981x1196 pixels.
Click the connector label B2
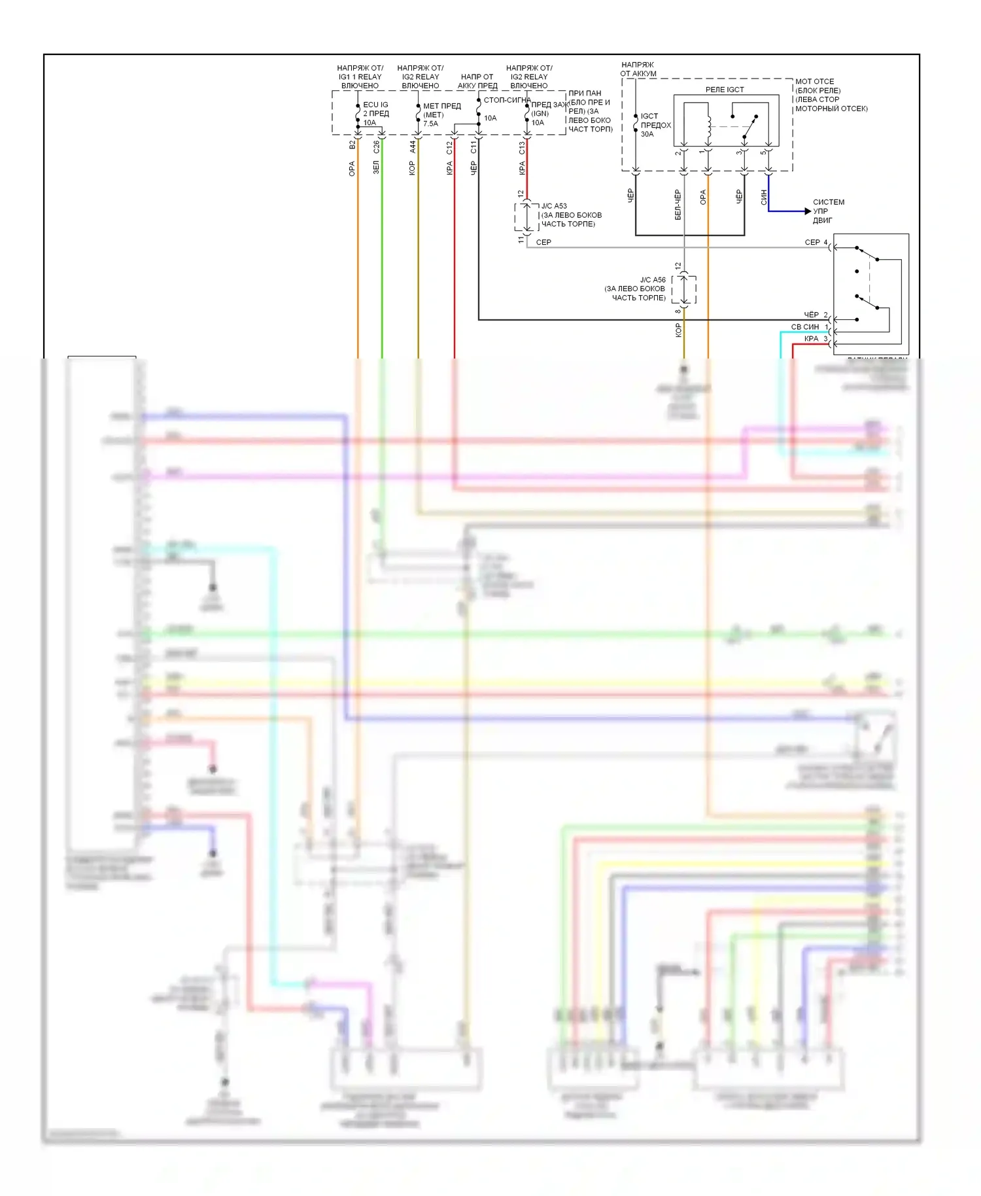point(352,145)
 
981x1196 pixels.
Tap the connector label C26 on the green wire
point(376,147)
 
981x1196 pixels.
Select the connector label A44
point(413,147)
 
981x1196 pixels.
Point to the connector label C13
point(522,148)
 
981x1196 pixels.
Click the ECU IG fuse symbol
point(358,114)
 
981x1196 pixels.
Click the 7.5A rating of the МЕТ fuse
point(430,124)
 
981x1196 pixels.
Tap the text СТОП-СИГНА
point(507,100)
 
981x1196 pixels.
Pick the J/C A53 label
point(554,206)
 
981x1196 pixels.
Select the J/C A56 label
point(652,280)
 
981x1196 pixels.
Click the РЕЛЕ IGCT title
point(725,90)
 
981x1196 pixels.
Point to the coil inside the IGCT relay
point(708,128)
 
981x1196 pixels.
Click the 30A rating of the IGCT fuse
point(647,134)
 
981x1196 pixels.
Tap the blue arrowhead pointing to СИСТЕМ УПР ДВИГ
point(807,211)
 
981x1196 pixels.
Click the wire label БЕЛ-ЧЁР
point(678,205)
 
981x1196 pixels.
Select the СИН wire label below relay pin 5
point(763,198)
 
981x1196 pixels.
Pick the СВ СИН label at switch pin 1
point(804,327)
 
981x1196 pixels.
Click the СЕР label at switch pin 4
point(812,243)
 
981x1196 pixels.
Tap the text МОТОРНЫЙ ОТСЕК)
point(831,109)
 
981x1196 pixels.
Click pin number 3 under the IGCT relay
point(739,153)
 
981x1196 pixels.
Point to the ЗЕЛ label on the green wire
point(376,167)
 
